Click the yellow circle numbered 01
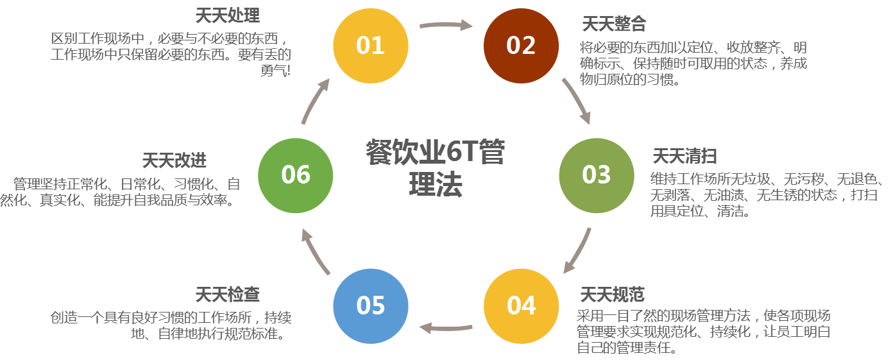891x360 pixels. point(370,46)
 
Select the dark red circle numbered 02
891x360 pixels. point(521,46)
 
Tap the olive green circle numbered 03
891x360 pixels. point(596,175)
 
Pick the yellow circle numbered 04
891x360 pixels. point(521,305)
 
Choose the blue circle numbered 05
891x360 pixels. point(370,305)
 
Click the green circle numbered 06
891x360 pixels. point(295,175)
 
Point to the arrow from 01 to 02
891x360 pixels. point(446,26)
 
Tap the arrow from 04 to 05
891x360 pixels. point(446,328)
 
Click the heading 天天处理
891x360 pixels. point(227,15)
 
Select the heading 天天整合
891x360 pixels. point(613,24)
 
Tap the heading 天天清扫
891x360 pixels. point(684,155)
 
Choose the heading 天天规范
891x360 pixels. point(612,295)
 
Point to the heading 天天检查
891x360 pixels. point(228,295)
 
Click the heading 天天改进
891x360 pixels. point(174,160)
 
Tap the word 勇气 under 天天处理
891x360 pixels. point(272,70)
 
